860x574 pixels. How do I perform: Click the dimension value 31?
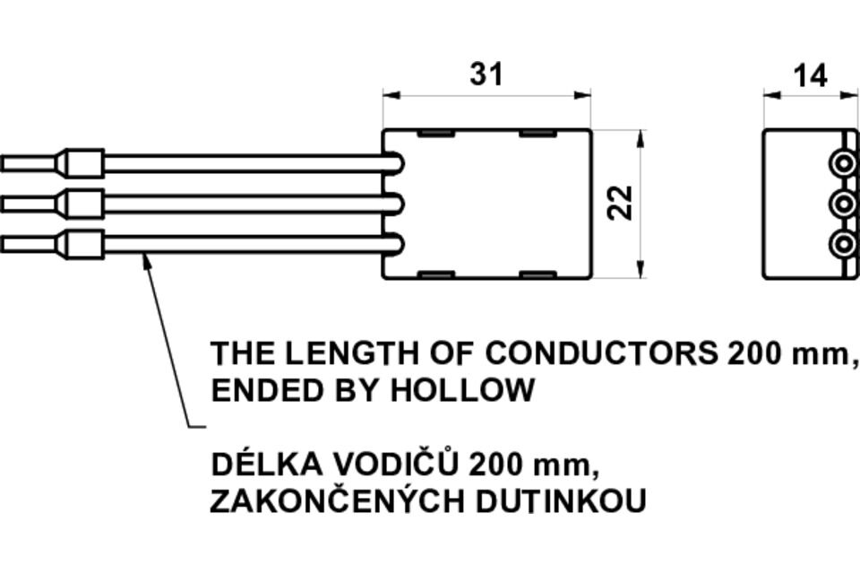click(486, 74)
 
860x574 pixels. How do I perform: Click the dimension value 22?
click(620, 203)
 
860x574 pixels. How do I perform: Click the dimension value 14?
click(810, 75)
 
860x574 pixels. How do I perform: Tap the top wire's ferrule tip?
click(27, 164)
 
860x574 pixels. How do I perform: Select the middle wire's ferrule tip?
click(27, 204)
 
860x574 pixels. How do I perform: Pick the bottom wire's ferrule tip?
click(27, 243)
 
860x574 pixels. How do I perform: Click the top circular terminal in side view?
click(843, 164)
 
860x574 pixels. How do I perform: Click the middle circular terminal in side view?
click(843, 204)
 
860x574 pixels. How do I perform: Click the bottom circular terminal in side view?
click(843, 243)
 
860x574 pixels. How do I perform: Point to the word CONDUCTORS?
click(602, 353)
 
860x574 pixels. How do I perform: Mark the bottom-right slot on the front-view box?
click(538, 273)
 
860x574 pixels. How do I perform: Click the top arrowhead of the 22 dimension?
click(641, 136)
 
